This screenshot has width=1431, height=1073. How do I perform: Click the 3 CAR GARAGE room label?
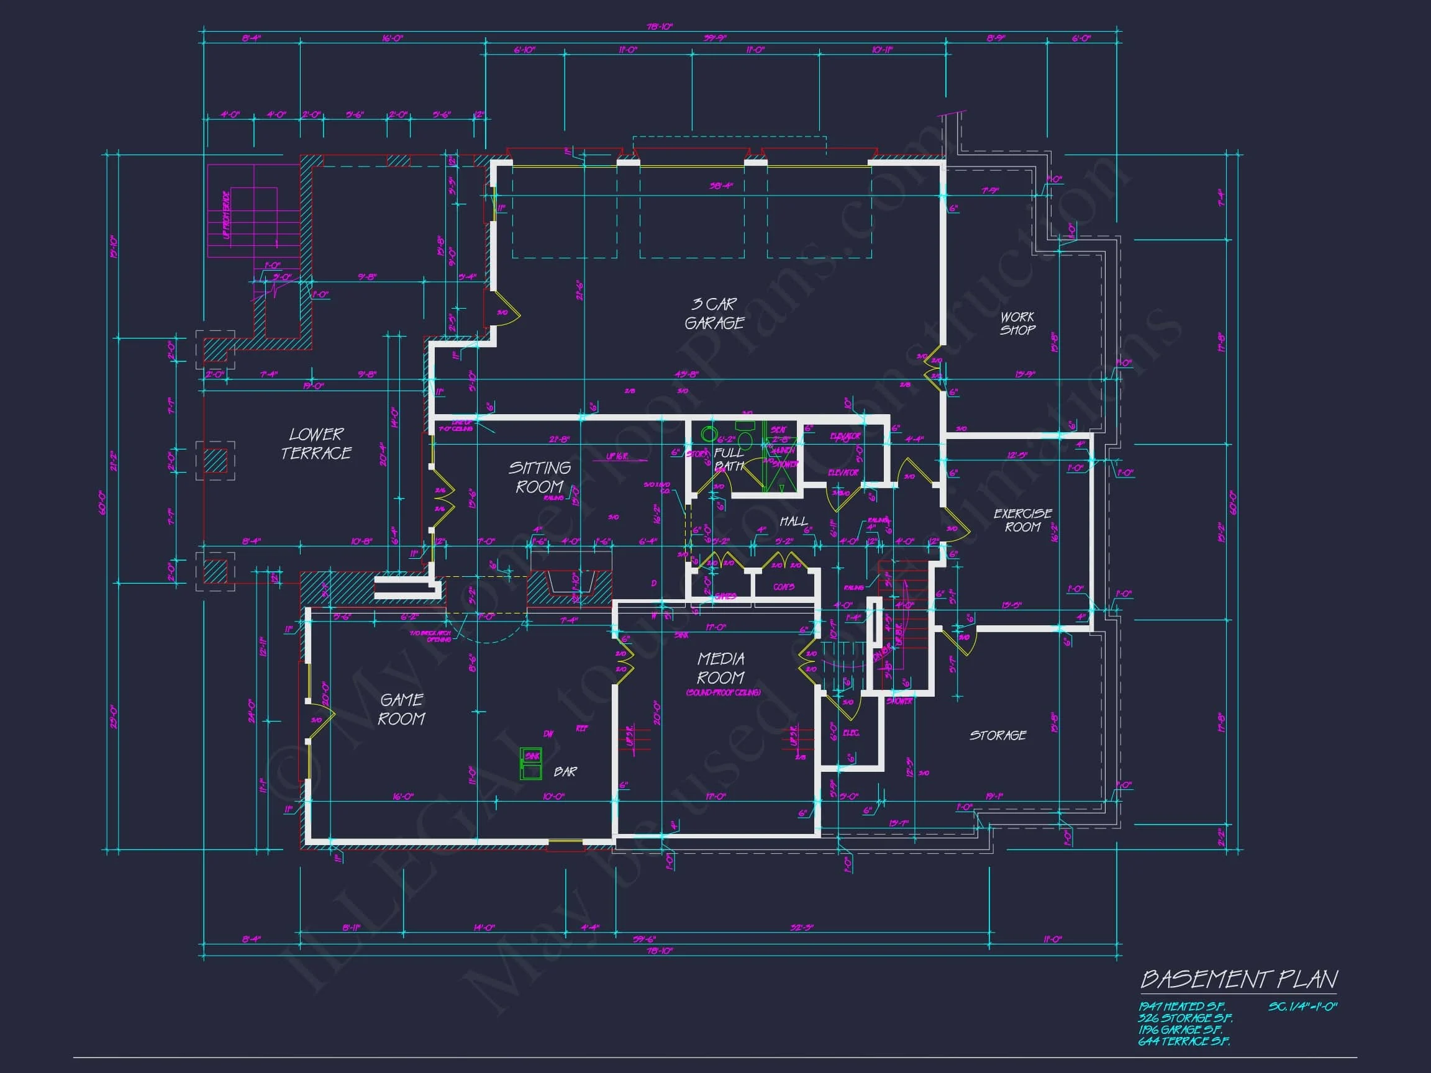click(x=714, y=314)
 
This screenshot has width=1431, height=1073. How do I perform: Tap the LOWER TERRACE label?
click(x=316, y=444)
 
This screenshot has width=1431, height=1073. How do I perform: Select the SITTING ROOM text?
click(x=539, y=477)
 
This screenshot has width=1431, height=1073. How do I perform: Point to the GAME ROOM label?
click(x=401, y=709)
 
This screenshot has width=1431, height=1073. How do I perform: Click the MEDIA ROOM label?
click(x=720, y=668)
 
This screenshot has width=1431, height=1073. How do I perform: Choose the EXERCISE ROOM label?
click(x=1022, y=520)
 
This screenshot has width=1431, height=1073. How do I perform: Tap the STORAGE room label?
click(x=997, y=735)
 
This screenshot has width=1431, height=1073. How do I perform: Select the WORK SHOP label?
click(x=1017, y=324)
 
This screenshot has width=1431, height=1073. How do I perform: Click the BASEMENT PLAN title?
click(x=1238, y=979)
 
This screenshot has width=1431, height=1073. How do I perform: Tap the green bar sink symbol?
click(x=531, y=763)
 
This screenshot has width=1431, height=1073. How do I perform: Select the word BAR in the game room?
click(x=565, y=772)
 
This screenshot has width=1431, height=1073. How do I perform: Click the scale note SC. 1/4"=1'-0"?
click(x=1302, y=1007)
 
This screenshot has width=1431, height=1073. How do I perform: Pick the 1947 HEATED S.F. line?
click(x=1181, y=1007)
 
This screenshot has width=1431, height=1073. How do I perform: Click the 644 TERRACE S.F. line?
click(x=1184, y=1041)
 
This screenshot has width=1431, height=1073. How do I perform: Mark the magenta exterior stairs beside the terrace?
click(x=253, y=212)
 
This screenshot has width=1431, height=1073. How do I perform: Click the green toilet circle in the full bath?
click(x=710, y=434)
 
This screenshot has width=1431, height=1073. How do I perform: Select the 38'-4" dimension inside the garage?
click(x=720, y=186)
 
